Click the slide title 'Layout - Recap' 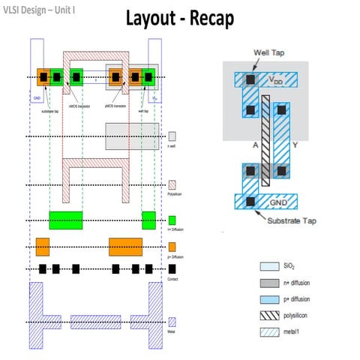(x=179, y=18)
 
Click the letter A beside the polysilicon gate (x=255, y=145)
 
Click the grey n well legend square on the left (x=172, y=136)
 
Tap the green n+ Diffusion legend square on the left (x=172, y=220)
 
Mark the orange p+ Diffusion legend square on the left (x=172, y=247)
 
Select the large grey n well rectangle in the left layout (x=131, y=136)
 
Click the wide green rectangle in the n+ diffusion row (x=66, y=220)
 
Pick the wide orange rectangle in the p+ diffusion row (x=125, y=247)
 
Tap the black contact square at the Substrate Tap (x=248, y=201)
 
